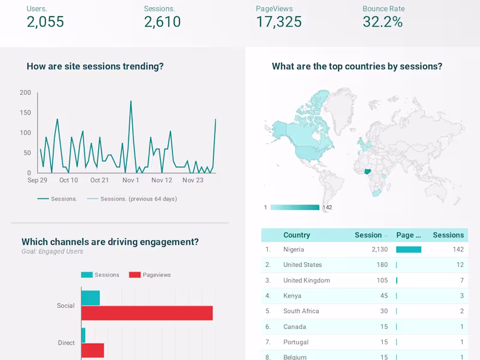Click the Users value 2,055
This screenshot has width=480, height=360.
[45, 22]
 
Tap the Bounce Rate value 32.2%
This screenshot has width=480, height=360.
[382, 22]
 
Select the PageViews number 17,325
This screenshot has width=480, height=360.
[278, 22]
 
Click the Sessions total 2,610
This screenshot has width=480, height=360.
[162, 22]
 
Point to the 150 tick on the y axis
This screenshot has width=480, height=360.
[25, 112]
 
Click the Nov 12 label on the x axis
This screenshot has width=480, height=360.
[161, 180]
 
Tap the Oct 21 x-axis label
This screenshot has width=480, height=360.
[100, 180]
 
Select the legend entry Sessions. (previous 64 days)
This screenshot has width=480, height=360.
[138, 199]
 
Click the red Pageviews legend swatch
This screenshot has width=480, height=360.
[134, 275]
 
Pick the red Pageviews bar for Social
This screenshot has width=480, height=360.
[147, 313]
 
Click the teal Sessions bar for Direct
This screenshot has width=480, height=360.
[83, 335]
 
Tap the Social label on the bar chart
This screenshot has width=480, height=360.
[65, 305]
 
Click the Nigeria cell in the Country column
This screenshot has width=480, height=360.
[293, 250]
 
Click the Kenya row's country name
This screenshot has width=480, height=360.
[292, 296]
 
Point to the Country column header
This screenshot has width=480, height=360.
[296, 235]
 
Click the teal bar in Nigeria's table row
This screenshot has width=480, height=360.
[409, 250]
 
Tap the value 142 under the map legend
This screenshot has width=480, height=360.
[327, 208]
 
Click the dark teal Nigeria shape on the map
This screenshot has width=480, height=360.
[367, 171]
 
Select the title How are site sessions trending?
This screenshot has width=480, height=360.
[95, 67]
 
